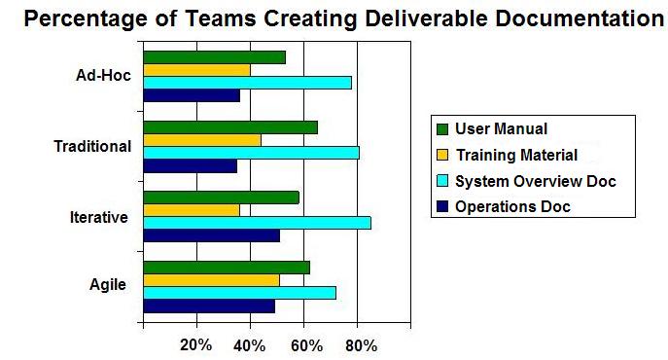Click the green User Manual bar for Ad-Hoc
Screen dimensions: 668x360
tap(215, 57)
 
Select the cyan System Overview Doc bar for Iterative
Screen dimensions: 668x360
tap(258, 223)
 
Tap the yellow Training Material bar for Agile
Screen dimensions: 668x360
tap(212, 280)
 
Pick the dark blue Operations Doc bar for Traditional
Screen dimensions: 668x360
tap(191, 166)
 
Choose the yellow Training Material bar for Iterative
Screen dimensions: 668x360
tap(192, 210)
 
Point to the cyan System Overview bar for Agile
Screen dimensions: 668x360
tap(240, 293)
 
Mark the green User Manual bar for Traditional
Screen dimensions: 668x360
tap(230, 127)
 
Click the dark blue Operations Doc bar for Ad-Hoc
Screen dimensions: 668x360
tap(192, 95)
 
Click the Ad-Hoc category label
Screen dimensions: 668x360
tap(103, 76)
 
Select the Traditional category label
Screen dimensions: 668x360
tap(92, 146)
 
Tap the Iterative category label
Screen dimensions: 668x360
tap(99, 217)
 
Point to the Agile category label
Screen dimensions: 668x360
tap(108, 284)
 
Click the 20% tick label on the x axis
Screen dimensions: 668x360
tap(196, 345)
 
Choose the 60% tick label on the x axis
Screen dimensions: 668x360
tap(306, 345)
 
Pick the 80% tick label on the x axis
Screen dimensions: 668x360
tap(362, 345)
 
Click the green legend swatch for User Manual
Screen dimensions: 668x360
tap(442, 129)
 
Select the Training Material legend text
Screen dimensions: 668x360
tap(516, 155)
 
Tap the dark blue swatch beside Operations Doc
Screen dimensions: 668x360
tap(442, 207)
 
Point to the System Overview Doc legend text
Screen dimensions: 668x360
tap(536, 181)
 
